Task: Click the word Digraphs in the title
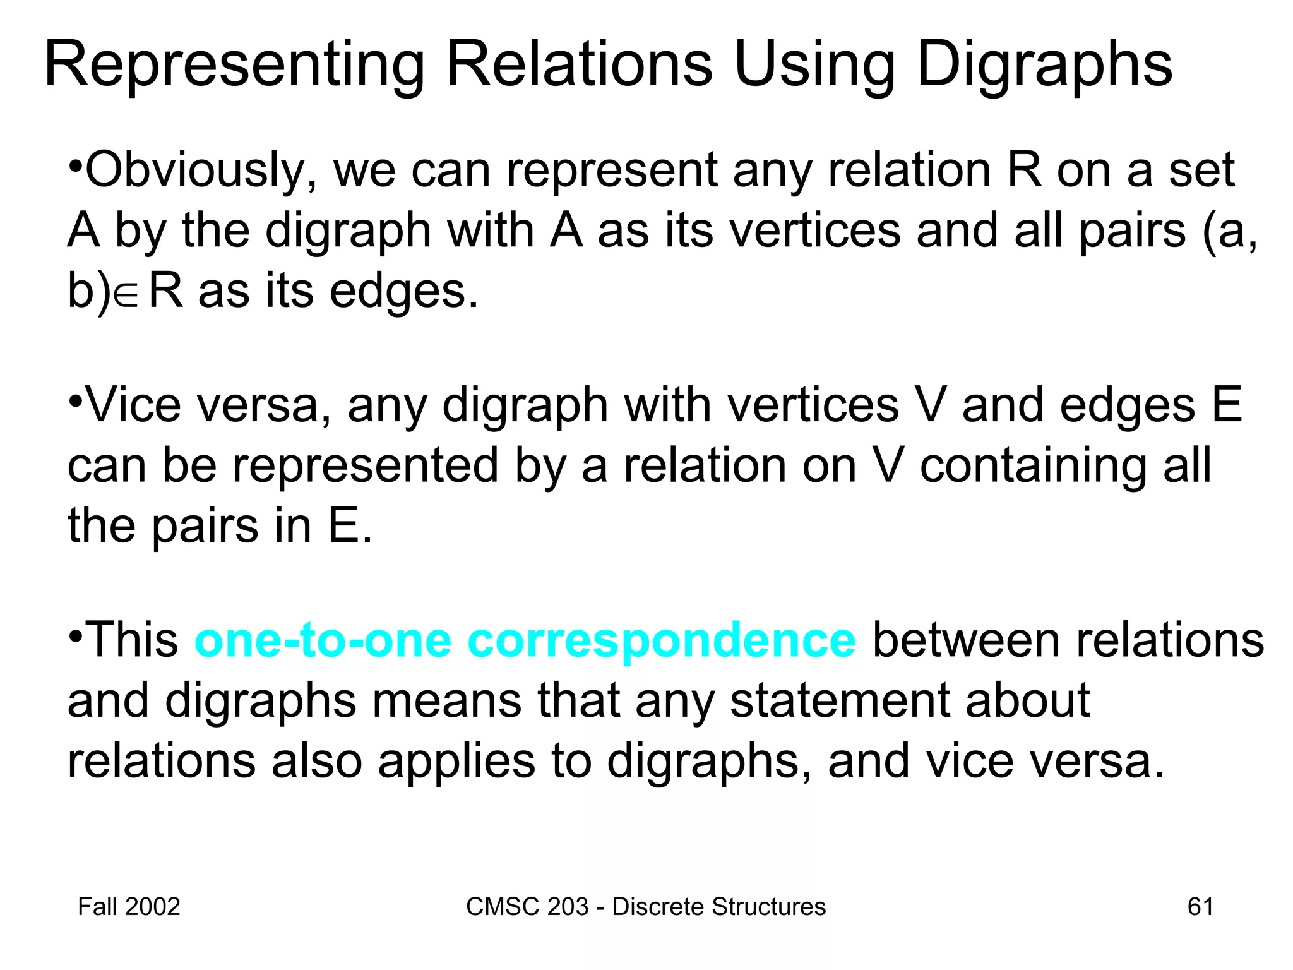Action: point(1044,65)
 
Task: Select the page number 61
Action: point(1200,907)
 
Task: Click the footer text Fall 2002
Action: point(129,907)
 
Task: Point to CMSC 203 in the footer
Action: point(527,907)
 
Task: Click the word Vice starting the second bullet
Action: point(133,405)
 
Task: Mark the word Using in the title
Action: point(814,65)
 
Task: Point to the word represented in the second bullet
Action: point(366,466)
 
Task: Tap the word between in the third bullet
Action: point(967,640)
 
